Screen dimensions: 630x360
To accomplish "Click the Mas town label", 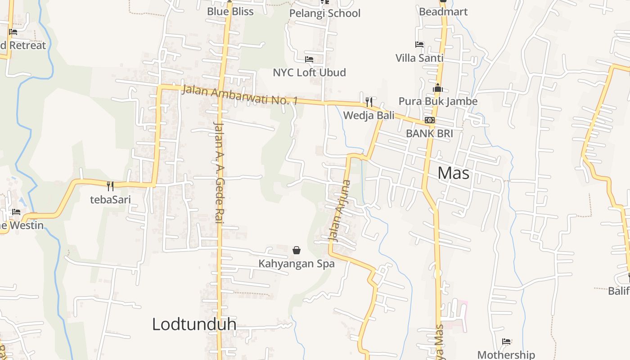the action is [x=453, y=173].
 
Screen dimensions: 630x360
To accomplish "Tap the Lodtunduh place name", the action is [x=194, y=324].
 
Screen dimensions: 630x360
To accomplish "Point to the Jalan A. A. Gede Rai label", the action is [x=219, y=172].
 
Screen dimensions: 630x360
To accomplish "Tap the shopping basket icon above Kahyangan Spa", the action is [x=297, y=250].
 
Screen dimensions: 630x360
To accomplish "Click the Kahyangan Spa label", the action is [x=297, y=263].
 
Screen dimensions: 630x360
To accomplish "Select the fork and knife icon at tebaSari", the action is [x=110, y=185].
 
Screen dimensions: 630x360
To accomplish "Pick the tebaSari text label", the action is [x=110, y=199].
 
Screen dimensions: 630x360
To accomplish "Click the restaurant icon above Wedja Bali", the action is [x=369, y=102].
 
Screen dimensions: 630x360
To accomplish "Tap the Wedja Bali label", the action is [x=369, y=115].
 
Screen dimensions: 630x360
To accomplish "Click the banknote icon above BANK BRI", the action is [x=429, y=120].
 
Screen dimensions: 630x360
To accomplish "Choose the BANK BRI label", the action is [x=429, y=133].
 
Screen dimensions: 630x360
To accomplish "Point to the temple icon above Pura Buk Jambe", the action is [x=438, y=88].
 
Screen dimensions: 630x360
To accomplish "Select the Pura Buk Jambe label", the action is [x=438, y=101].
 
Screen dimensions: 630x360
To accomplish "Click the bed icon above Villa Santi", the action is [x=419, y=45].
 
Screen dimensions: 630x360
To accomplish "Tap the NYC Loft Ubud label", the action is [x=309, y=72].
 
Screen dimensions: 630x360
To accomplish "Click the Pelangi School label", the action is [x=324, y=13].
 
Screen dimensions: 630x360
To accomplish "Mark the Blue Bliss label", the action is [x=230, y=12].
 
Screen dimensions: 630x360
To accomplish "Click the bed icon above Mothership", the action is [x=506, y=342].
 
